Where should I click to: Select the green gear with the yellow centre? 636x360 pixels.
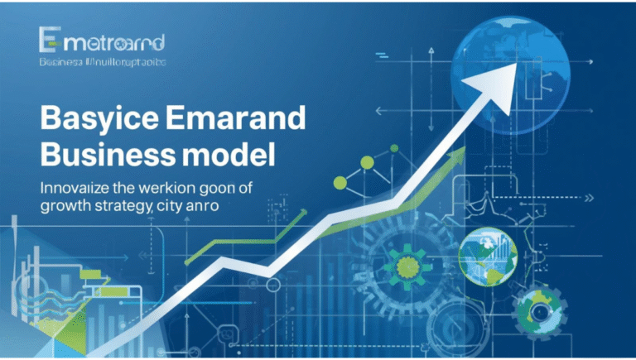[408, 265]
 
